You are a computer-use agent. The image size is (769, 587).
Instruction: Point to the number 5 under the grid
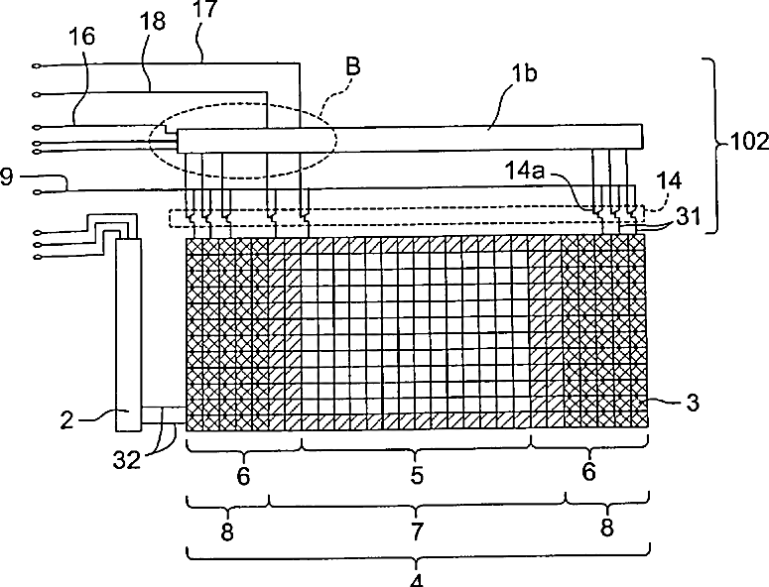tap(417, 475)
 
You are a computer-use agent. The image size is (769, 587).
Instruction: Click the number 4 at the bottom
tap(417, 581)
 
